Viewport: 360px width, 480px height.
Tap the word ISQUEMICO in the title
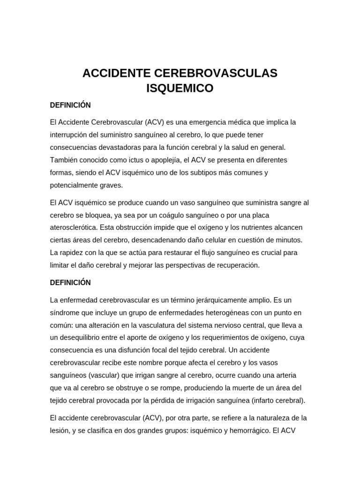tap(180, 88)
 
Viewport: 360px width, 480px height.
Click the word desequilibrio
tap(83, 338)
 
